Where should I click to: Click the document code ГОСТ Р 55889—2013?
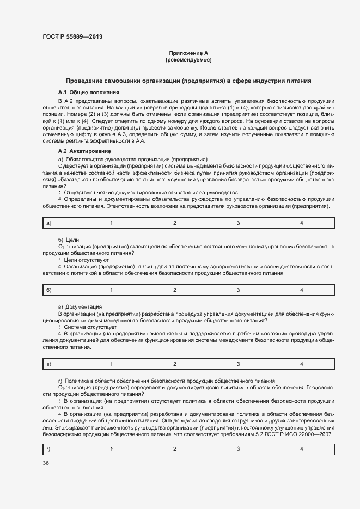pos(72,37)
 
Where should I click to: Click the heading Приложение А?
pos(188,53)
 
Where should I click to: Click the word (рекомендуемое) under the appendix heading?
pos(188,59)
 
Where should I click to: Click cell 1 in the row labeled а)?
pos(111,223)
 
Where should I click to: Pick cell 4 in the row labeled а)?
pos(301,223)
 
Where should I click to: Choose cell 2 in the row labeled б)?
pos(175,290)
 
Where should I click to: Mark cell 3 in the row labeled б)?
pos(238,290)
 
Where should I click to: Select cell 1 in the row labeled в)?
pos(111,364)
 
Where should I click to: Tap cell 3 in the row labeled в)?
pos(238,364)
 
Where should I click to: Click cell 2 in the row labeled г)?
pos(175,449)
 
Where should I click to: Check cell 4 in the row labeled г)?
pos(301,449)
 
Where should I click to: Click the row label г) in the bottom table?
pos(48,449)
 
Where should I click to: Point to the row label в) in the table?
pos(48,364)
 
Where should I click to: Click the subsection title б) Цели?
pos(69,240)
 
